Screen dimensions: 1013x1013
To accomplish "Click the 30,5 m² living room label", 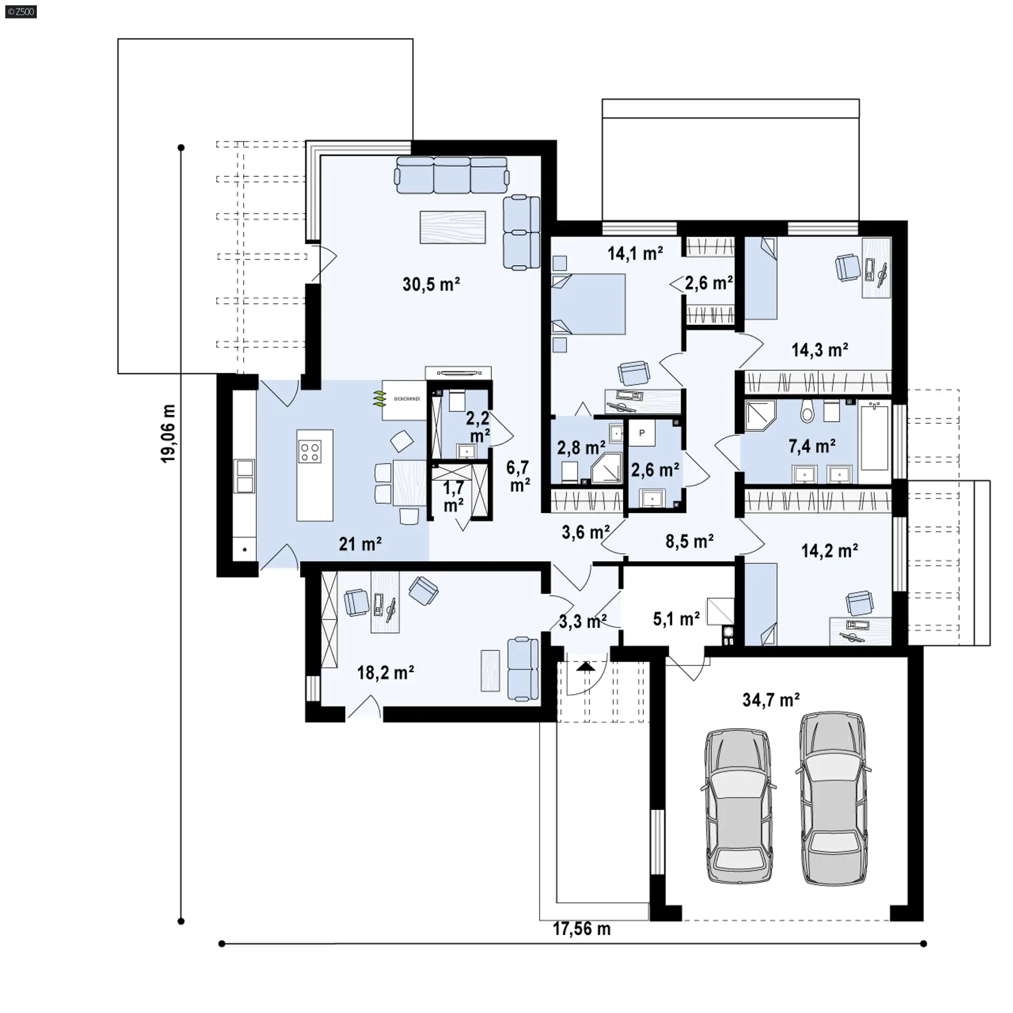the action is [431, 284].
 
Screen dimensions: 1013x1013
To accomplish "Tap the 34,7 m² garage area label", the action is [771, 700].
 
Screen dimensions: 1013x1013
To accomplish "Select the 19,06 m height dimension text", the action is [168, 433].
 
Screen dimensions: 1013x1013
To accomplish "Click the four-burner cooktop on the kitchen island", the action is [309, 452].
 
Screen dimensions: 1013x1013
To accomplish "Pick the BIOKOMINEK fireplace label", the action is [407, 399].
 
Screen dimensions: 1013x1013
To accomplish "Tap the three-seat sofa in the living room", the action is [453, 175].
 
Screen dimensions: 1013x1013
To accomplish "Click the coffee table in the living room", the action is [453, 227].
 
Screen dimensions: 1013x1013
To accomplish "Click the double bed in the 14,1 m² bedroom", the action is [588, 304].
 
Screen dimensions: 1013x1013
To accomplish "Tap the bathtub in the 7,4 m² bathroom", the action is [874, 436].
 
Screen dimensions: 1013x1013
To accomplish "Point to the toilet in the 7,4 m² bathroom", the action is [807, 411].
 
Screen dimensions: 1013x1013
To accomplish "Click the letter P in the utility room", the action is [642, 433].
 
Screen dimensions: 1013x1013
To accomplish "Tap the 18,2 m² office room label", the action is [385, 673].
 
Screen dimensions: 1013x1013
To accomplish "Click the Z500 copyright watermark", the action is [21, 12].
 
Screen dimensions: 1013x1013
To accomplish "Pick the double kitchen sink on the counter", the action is [245, 476].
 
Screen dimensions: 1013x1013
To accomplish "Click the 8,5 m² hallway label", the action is [690, 541].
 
